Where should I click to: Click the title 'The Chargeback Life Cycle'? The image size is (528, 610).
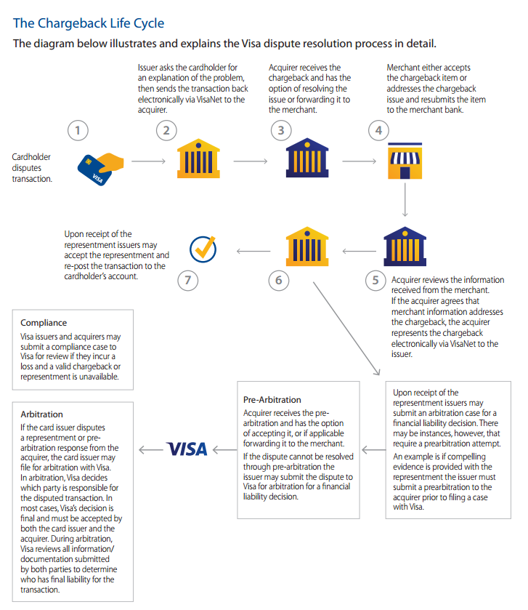[x=89, y=23]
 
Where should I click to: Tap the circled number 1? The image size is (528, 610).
[x=78, y=130]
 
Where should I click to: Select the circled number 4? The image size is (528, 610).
[x=378, y=130]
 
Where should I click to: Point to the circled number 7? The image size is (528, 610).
[x=187, y=280]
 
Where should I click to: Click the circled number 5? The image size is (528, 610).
[x=375, y=280]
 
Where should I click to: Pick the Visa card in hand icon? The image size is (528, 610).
[x=100, y=169]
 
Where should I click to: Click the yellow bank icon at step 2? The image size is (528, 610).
[x=198, y=158]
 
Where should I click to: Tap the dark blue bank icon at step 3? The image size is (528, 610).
[x=307, y=158]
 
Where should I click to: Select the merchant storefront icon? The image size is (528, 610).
[x=405, y=161]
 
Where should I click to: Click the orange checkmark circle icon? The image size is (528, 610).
[x=203, y=249]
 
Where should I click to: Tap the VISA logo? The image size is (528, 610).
[x=187, y=449]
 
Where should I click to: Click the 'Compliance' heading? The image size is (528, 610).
[x=44, y=323]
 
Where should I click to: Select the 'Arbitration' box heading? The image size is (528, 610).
[x=41, y=414]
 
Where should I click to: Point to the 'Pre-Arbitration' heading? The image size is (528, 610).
[x=272, y=400]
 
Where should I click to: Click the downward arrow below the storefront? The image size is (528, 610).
[x=405, y=199]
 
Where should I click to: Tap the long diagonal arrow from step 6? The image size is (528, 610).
[x=346, y=329]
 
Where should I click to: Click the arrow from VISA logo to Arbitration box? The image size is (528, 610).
[x=151, y=450]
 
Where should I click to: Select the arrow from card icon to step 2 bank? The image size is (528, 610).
[x=148, y=161]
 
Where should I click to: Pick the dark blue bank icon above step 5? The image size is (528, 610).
[x=405, y=246]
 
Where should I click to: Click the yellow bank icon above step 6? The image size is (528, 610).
[x=307, y=246]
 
